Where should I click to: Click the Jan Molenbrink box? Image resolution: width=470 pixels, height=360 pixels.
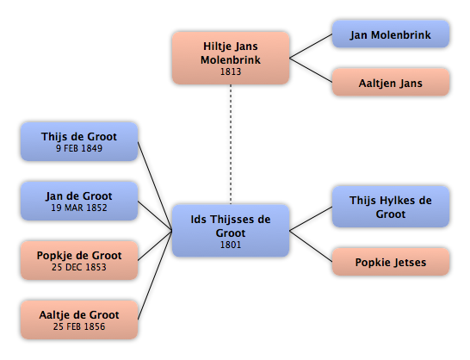click(x=391, y=34)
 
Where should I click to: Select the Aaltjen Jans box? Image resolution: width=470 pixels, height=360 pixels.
click(x=391, y=82)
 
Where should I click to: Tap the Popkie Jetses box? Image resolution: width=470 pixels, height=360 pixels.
click(x=391, y=262)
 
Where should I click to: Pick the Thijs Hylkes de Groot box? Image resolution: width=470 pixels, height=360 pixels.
click(x=391, y=207)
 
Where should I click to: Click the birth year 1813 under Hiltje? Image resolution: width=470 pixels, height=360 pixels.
click(x=231, y=71)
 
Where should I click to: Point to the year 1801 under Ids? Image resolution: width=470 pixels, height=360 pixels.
click(x=231, y=245)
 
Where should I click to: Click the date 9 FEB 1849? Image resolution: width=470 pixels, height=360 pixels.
click(x=79, y=148)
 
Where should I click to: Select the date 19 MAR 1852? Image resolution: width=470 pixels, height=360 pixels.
click(x=79, y=208)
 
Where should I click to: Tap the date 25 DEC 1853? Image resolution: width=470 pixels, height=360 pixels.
click(x=79, y=267)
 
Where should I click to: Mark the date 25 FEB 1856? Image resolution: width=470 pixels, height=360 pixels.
click(x=79, y=326)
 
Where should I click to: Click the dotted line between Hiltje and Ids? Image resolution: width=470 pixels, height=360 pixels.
click(x=231, y=145)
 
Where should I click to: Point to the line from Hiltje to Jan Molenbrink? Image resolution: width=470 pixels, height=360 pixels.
click(x=311, y=46)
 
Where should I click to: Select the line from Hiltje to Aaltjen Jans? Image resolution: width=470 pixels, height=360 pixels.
click(x=311, y=70)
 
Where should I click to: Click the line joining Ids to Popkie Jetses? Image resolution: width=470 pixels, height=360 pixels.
click(x=311, y=246)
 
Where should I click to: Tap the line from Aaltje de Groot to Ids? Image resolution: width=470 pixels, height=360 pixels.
click(x=155, y=275)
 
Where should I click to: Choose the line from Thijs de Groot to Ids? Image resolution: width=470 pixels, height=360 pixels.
click(x=155, y=186)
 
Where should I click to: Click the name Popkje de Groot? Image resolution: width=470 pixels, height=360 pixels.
click(x=79, y=256)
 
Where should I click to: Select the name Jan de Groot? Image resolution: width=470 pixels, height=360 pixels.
click(x=79, y=196)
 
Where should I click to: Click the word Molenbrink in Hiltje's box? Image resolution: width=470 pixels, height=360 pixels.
click(x=231, y=60)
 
